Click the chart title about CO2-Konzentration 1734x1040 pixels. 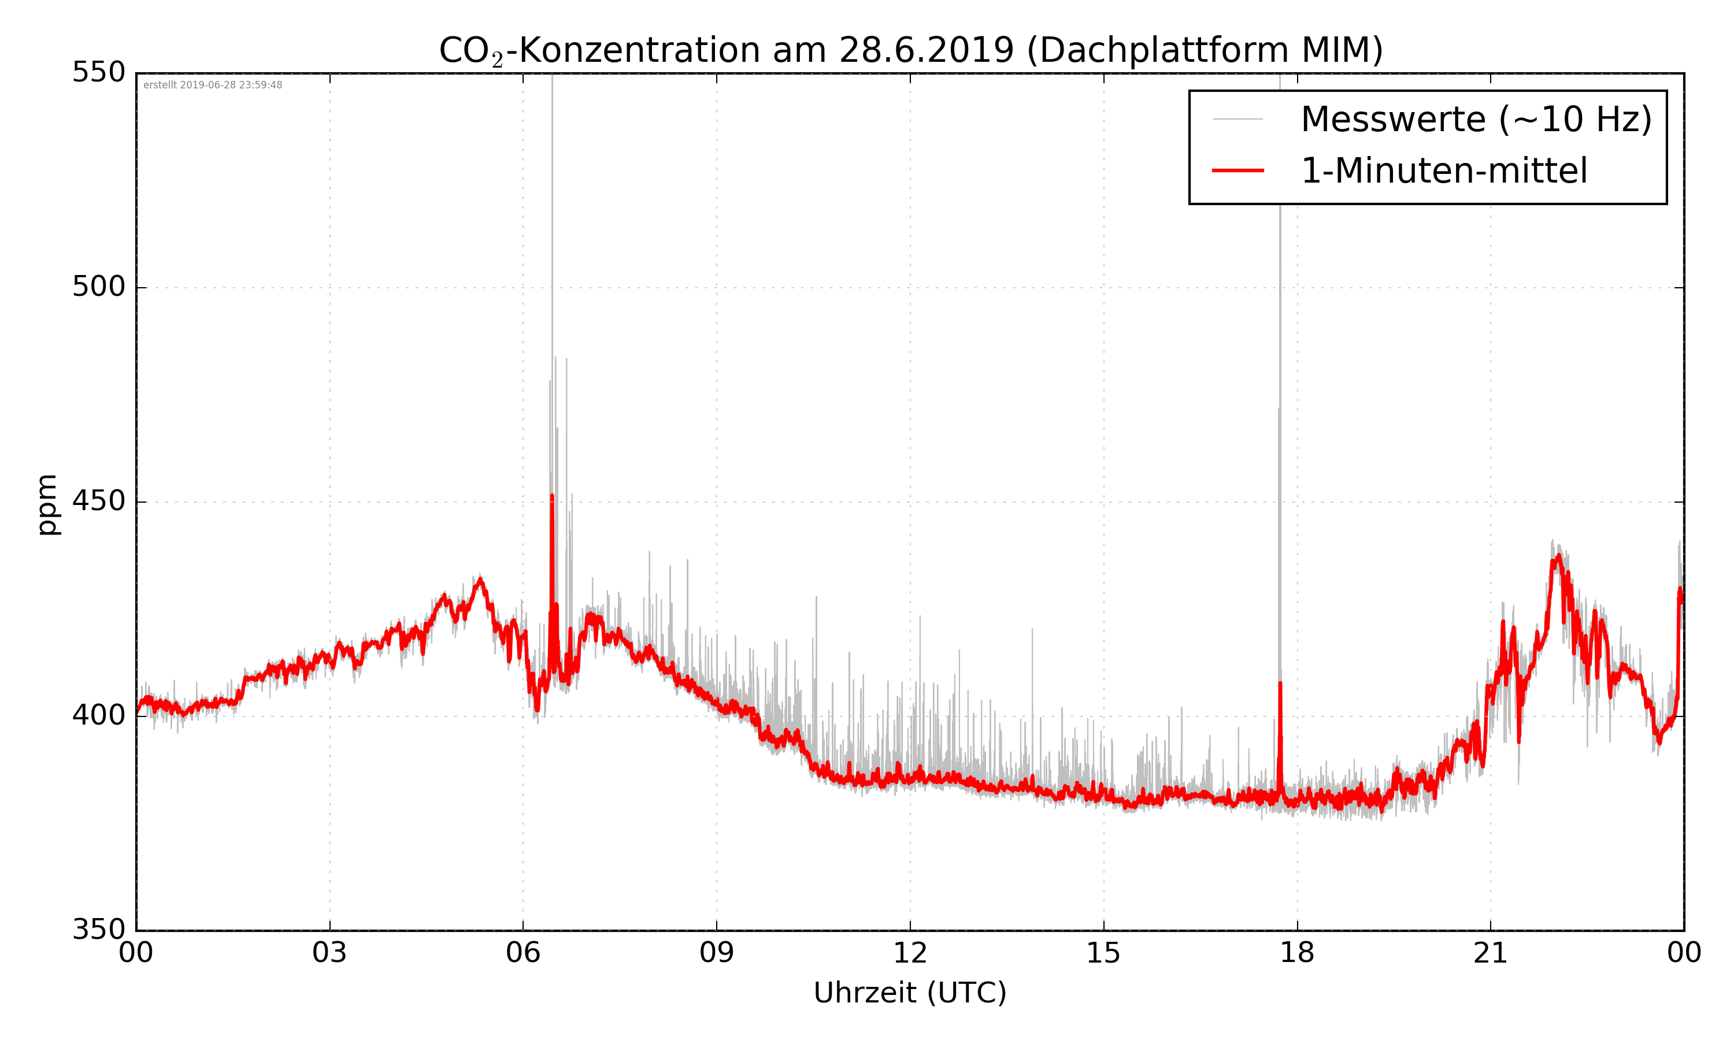tap(910, 50)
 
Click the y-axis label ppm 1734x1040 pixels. tap(47, 504)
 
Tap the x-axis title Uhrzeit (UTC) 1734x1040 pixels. tap(910, 993)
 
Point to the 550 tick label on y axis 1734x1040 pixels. tap(99, 72)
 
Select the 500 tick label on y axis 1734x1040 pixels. tap(99, 287)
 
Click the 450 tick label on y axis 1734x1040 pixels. tap(99, 501)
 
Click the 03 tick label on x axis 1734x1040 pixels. tap(329, 953)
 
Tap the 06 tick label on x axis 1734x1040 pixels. tap(523, 953)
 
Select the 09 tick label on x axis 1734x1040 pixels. tap(716, 953)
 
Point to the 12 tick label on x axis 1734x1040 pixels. tap(910, 953)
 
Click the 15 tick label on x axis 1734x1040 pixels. tap(1103, 953)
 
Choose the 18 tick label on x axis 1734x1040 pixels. tap(1296, 953)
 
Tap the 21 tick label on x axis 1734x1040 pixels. tap(1490, 953)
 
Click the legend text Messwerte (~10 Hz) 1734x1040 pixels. tap(1476, 119)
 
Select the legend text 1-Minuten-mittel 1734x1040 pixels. tap(1444, 171)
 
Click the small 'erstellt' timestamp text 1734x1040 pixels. tap(212, 85)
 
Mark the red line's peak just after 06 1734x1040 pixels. tap(553, 496)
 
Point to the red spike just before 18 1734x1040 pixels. tap(1280, 684)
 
